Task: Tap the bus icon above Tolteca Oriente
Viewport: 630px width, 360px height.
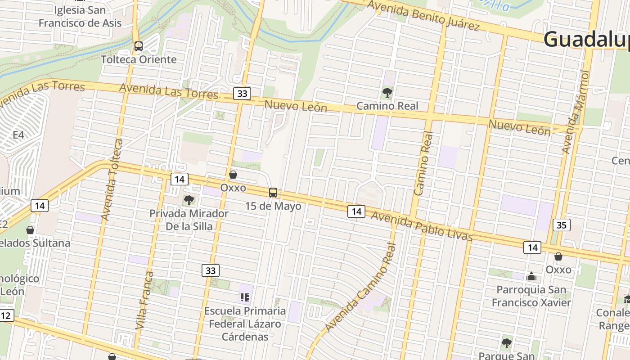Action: click(x=139, y=46)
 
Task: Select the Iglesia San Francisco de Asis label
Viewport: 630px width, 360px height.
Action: click(x=80, y=16)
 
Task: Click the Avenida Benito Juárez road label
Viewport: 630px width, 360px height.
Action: click(x=423, y=15)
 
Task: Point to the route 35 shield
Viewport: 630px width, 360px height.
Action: click(x=561, y=225)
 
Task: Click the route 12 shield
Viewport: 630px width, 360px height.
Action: click(x=5, y=315)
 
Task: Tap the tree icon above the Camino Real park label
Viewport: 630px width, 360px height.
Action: click(x=387, y=93)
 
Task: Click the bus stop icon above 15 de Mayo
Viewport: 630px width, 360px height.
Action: click(x=273, y=193)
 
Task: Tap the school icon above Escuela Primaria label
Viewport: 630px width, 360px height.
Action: click(x=245, y=297)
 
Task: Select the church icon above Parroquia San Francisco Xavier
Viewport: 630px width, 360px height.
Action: click(x=531, y=276)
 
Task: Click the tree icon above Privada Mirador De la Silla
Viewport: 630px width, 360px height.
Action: click(x=189, y=200)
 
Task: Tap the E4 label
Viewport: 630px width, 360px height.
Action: click(x=18, y=135)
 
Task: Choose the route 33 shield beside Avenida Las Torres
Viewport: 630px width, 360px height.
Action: click(x=242, y=94)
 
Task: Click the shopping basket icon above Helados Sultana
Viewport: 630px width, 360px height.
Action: click(x=30, y=230)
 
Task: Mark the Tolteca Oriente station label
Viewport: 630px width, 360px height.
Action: click(x=139, y=59)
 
